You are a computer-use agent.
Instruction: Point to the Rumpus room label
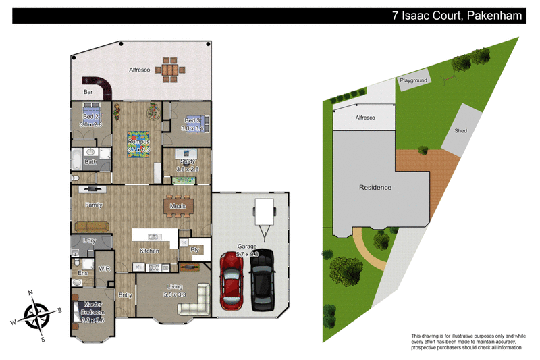[139, 142]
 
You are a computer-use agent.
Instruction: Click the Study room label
[186, 161]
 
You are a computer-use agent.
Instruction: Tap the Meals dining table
[178, 206]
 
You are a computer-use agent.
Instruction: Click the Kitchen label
[149, 251]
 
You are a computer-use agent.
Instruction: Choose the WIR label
[104, 268]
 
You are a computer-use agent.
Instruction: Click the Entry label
[126, 294]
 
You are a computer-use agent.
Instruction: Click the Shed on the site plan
[461, 130]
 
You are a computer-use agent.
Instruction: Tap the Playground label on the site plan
[413, 80]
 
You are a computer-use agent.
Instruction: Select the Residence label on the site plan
[375, 187]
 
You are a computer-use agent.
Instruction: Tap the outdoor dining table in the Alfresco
[169, 69]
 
